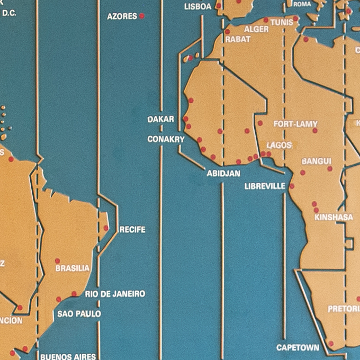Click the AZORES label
tap(122, 16)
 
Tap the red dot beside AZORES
tap(142, 16)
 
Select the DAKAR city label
tap(160, 120)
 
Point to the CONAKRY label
tap(166, 140)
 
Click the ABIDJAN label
tap(223, 173)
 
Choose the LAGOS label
tap(279, 145)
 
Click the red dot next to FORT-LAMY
tap(315, 130)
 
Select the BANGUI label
tap(317, 161)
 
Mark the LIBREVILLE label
tap(265, 186)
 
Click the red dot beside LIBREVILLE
tap(292, 186)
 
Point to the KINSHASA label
tap(334, 217)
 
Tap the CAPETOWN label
tap(298, 348)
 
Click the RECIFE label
tap(132, 230)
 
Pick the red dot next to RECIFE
tap(106, 228)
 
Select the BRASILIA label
tap(73, 268)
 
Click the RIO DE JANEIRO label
tap(115, 294)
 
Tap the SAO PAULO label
tap(79, 313)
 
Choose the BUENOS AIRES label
tap(68, 356)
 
